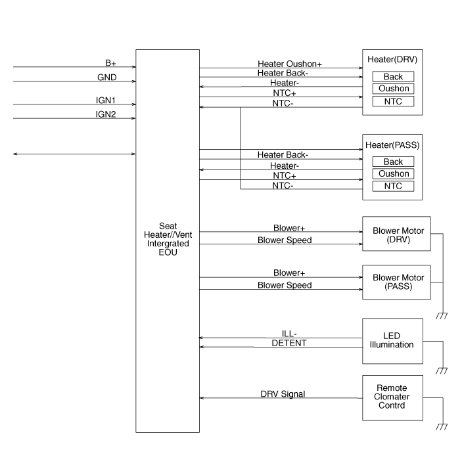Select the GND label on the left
[106, 77]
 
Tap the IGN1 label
[106, 100]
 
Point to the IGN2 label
[106, 114]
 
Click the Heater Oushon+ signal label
[289, 64]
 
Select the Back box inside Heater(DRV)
[393, 77]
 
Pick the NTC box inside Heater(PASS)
[393, 186]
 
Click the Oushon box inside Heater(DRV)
[393, 89]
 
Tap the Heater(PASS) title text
[392, 145]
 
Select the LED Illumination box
[392, 341]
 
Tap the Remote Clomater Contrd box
[392, 397]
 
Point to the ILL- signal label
[289, 334]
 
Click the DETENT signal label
[289, 343]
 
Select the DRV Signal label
[283, 394]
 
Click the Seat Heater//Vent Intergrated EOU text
[168, 239]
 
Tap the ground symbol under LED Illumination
[442, 370]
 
